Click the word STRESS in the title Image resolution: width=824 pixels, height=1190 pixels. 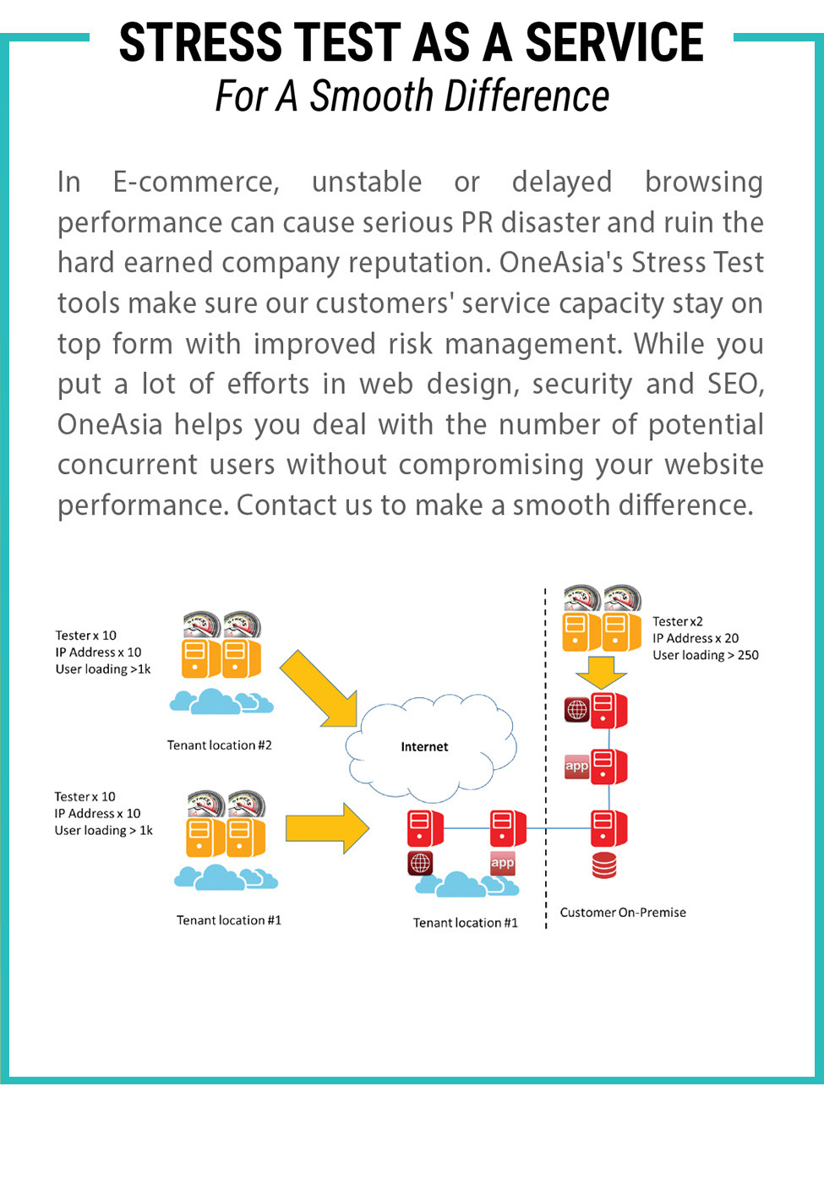[201, 42]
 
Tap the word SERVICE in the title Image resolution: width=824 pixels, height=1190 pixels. [614, 42]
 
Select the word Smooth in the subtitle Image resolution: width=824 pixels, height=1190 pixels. [372, 96]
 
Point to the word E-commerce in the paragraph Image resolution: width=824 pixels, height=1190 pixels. [196, 183]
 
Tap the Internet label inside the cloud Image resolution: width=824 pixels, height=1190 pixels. [424, 746]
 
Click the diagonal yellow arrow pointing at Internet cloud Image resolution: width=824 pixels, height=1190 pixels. [319, 689]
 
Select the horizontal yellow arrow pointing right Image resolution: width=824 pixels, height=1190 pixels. [327, 828]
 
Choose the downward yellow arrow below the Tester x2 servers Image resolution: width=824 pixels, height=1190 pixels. [602, 673]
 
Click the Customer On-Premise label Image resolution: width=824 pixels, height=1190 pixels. [623, 912]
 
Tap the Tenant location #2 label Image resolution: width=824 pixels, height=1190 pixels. [220, 745]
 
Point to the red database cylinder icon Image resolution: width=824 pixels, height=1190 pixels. [604, 865]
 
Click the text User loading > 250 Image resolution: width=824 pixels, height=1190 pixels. [706, 655]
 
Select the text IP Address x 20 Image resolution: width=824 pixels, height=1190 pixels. [696, 638]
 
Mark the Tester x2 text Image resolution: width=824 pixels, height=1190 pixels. [677, 621]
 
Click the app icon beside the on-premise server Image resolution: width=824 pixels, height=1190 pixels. [576, 766]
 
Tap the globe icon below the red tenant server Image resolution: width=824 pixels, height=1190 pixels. [420, 863]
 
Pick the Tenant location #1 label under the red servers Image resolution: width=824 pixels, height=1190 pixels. [466, 922]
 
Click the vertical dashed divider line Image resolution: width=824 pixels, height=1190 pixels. [546, 758]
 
